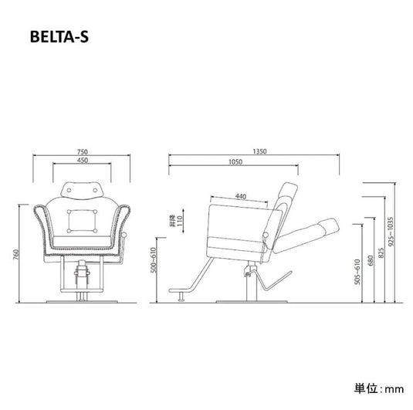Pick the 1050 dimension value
(235, 161)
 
